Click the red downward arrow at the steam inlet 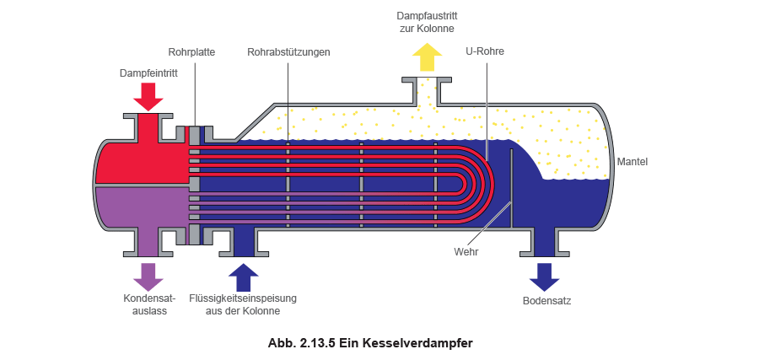[x=148, y=96]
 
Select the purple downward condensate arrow [x=148, y=277]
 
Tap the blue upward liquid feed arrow [x=244, y=277]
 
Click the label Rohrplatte [x=192, y=52]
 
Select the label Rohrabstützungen [x=288, y=52]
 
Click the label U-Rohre [x=486, y=52]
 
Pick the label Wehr [x=466, y=251]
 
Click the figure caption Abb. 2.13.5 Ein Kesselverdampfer [x=369, y=342]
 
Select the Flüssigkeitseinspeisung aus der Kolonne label [x=243, y=305]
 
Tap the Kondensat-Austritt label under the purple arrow [x=148, y=305]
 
